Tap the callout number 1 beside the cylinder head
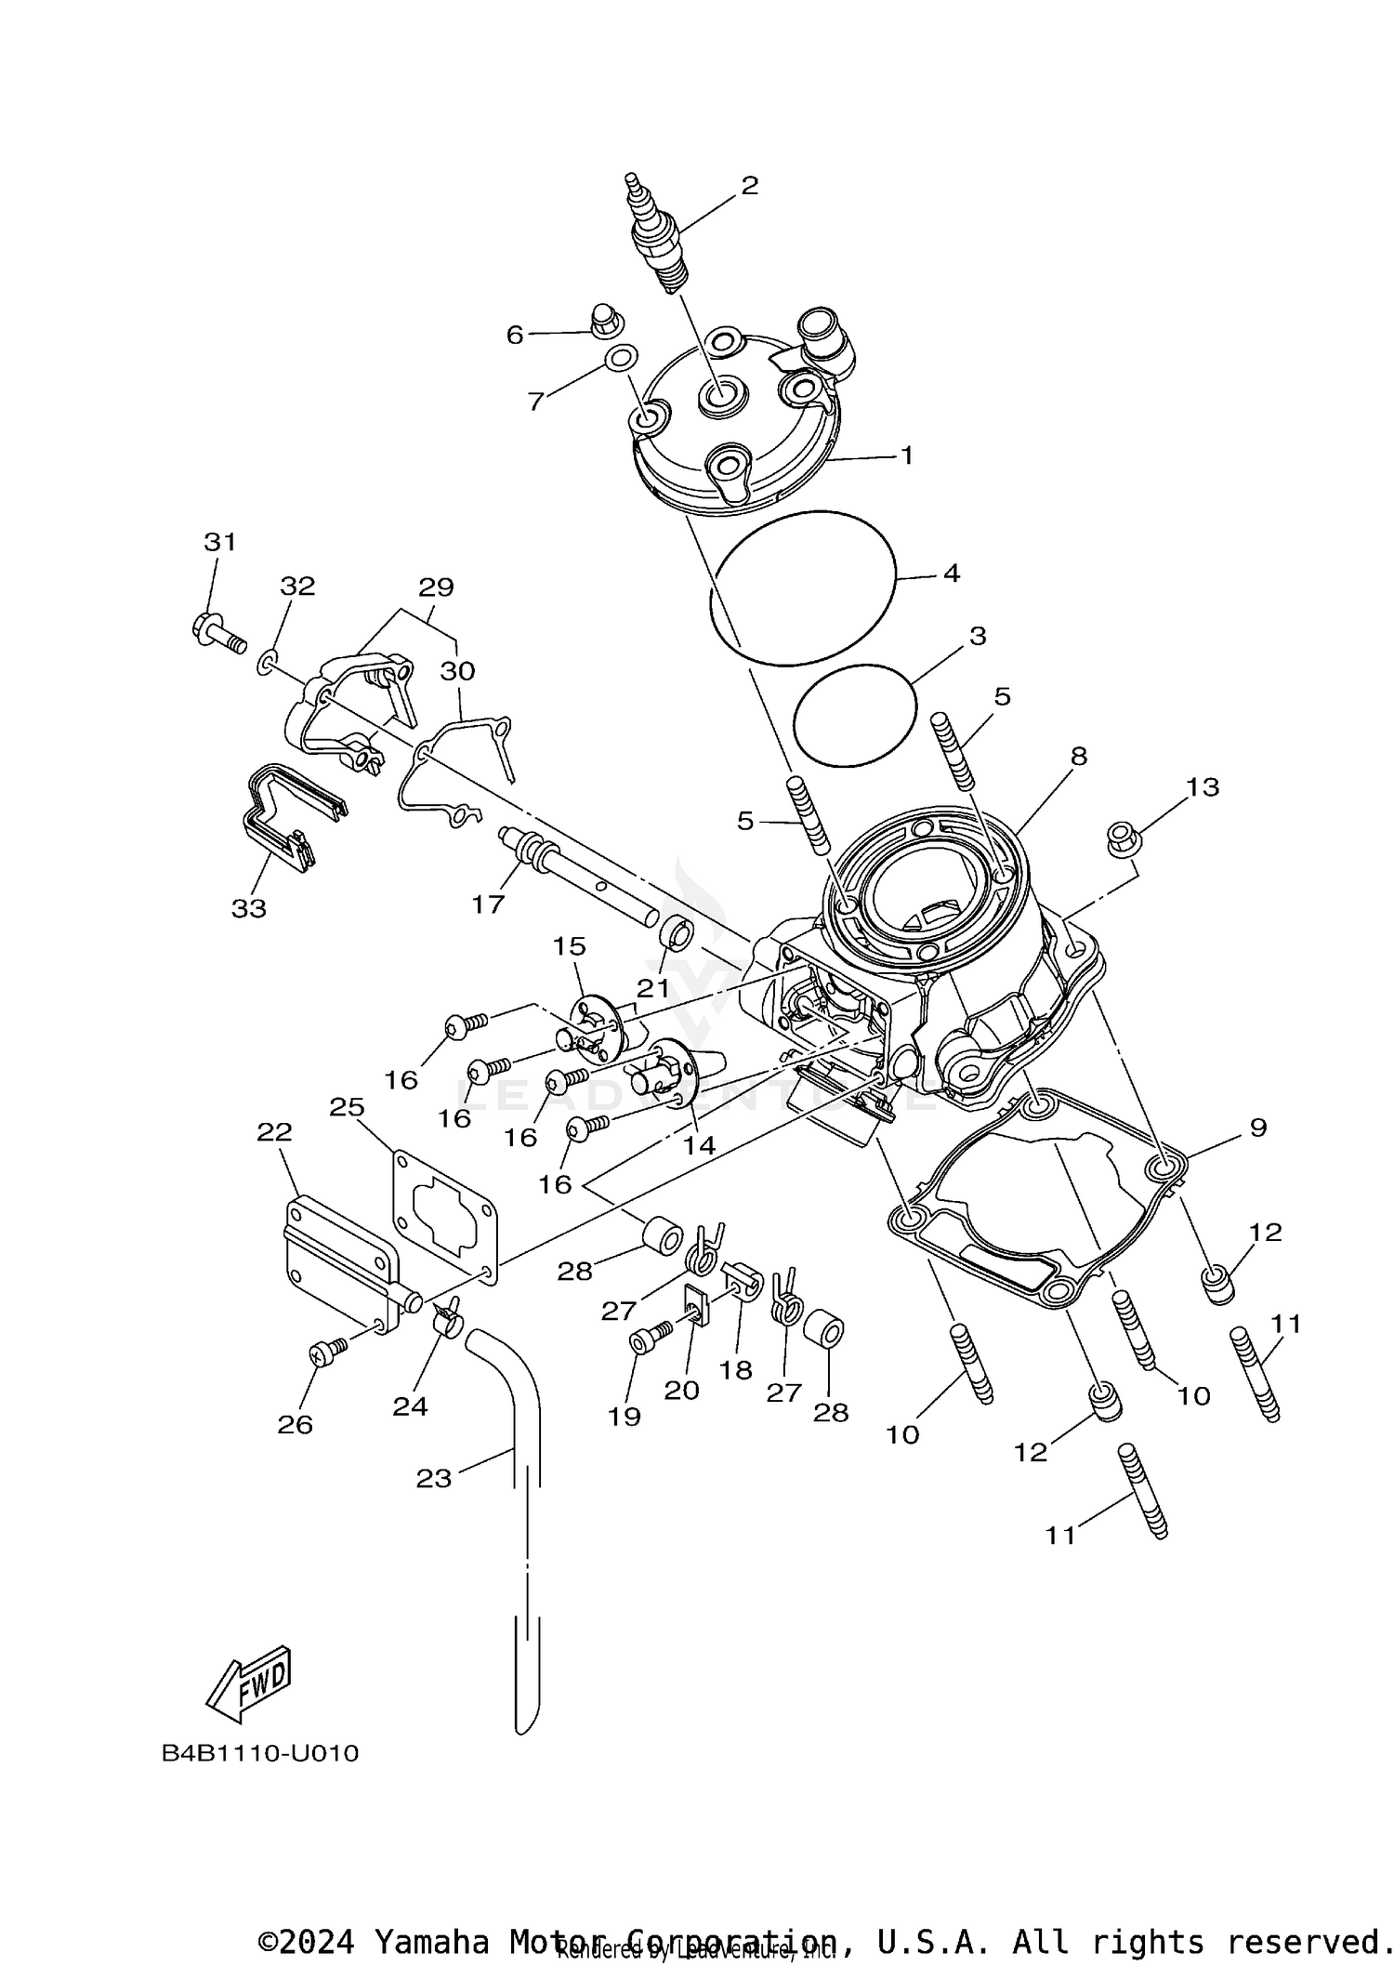[906, 455]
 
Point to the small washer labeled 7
[620, 358]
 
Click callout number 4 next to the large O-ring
[951, 574]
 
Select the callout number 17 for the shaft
[488, 904]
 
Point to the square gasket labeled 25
[446, 1218]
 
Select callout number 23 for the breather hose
[433, 1478]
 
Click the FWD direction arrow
[249, 1679]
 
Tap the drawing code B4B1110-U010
[260, 1754]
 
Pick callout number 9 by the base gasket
[1257, 1128]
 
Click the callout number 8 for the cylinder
[1078, 756]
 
